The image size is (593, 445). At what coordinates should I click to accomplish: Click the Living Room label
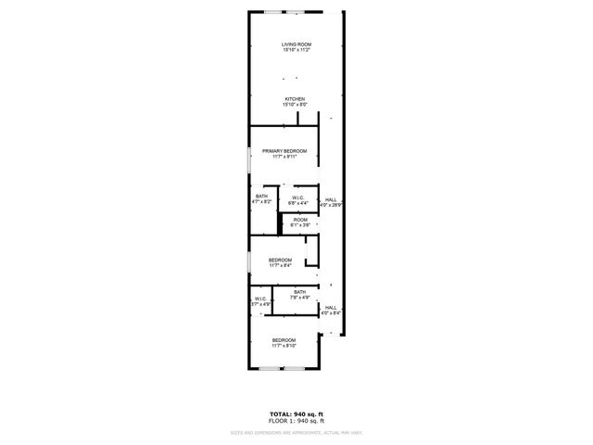(296, 44)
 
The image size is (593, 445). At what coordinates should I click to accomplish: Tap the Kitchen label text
(296, 99)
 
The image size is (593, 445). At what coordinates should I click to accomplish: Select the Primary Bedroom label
(284, 150)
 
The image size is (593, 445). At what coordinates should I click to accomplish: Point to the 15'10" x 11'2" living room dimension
(296, 51)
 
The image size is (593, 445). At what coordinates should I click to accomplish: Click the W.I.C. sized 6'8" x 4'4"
(298, 198)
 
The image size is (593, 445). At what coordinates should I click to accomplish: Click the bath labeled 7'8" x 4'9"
(300, 295)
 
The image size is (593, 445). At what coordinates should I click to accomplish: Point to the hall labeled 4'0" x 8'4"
(331, 310)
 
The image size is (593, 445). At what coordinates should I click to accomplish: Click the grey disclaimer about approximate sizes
(296, 432)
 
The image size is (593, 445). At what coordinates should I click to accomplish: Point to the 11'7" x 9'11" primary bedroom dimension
(284, 157)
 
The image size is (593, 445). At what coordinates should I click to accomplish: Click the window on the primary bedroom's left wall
(248, 159)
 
